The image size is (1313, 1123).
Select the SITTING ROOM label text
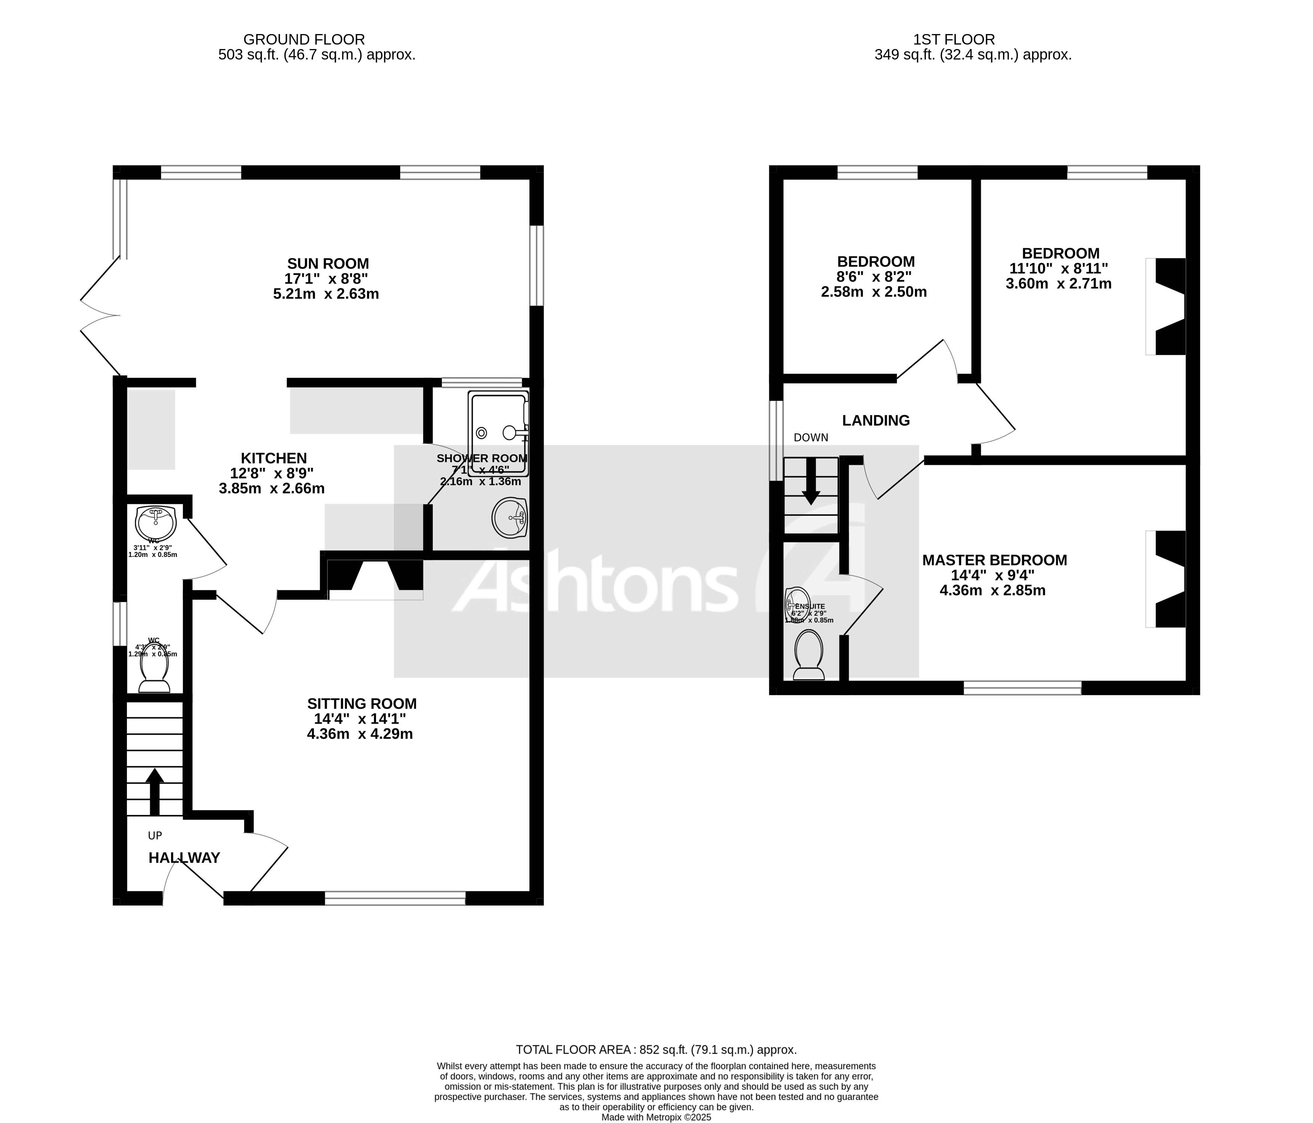click(x=362, y=703)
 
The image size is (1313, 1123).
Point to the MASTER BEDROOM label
click(x=994, y=560)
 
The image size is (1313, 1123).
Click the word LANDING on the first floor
click(x=876, y=420)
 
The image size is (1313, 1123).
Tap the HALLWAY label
click(x=184, y=858)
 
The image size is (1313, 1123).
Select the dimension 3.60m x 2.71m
click(x=1058, y=284)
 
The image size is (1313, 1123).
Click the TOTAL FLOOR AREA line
click(x=656, y=1050)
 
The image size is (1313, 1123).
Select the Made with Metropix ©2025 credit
click(x=656, y=1117)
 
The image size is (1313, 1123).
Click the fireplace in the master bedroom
click(x=1169, y=579)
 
